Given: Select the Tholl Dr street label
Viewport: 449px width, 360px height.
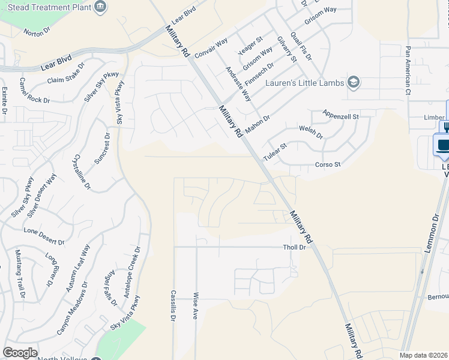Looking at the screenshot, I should (294, 247).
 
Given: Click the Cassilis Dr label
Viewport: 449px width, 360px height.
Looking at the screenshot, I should (173, 306).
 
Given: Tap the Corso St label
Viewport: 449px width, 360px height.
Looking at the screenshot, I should (328, 164).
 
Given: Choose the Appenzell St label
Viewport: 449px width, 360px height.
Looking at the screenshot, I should (340, 114).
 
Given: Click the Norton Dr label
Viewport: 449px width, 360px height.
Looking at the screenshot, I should (34, 32).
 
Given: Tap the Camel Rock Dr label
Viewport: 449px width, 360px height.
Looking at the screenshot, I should (35, 91).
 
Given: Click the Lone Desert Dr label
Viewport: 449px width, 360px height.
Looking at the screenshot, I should (44, 236).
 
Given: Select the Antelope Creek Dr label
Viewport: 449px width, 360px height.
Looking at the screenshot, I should (131, 272).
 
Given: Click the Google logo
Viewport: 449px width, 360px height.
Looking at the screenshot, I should (20, 353).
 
